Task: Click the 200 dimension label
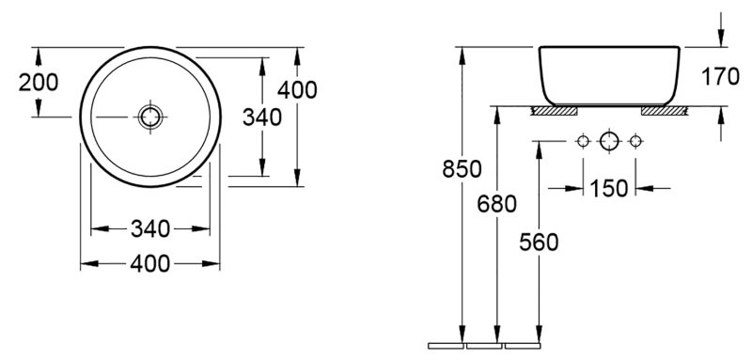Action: tap(39, 83)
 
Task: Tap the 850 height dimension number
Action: tap(462, 169)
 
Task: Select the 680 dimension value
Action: tap(497, 204)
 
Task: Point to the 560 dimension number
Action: tap(539, 243)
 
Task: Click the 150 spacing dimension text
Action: tap(608, 188)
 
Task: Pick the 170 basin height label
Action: tap(720, 77)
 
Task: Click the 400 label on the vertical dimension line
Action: tap(297, 89)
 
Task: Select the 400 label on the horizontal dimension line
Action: tap(150, 263)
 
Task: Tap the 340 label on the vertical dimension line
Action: tap(262, 117)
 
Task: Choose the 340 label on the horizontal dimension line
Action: tap(150, 228)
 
